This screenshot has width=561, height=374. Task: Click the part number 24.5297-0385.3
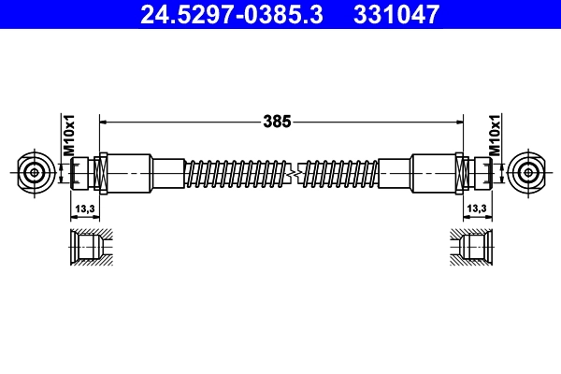[x=229, y=14]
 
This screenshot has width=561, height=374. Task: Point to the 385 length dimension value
[x=278, y=121]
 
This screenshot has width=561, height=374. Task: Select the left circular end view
[x=36, y=172]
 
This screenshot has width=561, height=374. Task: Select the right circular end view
[x=526, y=172]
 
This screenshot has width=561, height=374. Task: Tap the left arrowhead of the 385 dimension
[x=104, y=121]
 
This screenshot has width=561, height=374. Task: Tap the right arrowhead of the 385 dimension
[x=458, y=121]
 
